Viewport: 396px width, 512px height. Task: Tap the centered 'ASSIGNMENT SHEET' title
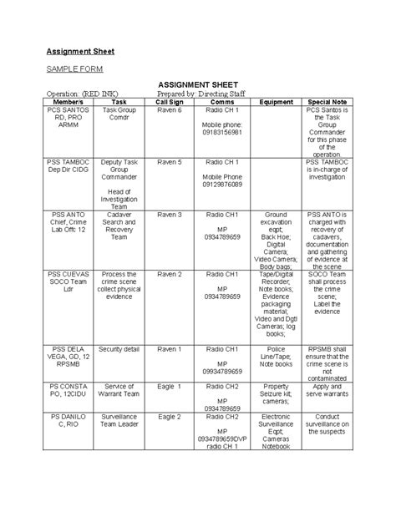[198, 86]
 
